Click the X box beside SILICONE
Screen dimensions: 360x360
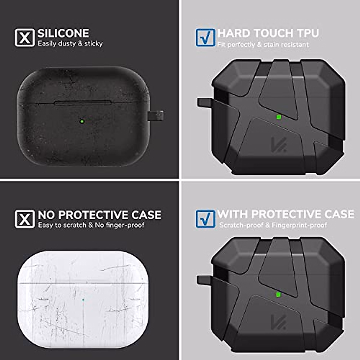(25, 37)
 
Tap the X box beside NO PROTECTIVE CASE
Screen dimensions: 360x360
(25, 219)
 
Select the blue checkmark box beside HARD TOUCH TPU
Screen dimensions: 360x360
(205, 37)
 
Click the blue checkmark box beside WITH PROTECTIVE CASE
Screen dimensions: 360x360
(205, 219)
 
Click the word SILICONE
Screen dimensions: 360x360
(63, 33)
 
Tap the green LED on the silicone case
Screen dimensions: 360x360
(82, 121)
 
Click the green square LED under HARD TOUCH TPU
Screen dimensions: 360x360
(278, 117)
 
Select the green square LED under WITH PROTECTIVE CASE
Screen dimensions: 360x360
(278, 294)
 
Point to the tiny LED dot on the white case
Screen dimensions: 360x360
(83, 299)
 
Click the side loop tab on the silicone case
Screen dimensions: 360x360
(156, 115)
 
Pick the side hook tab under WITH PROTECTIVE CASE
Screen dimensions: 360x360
(204, 280)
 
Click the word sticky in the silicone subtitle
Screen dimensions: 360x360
(93, 44)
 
